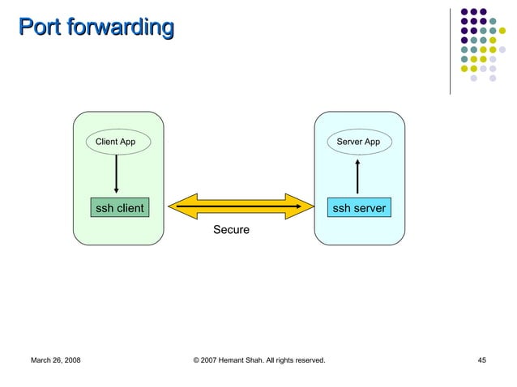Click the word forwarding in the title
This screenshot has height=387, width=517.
(121, 28)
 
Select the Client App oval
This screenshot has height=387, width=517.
(116, 142)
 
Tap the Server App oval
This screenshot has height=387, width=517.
(358, 142)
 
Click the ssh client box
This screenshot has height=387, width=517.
(119, 208)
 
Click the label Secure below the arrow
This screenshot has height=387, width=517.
(231, 231)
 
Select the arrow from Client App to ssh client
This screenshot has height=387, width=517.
(117, 173)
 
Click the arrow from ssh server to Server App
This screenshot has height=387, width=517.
(357, 176)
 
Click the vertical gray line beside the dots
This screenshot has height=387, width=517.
(450, 50)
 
